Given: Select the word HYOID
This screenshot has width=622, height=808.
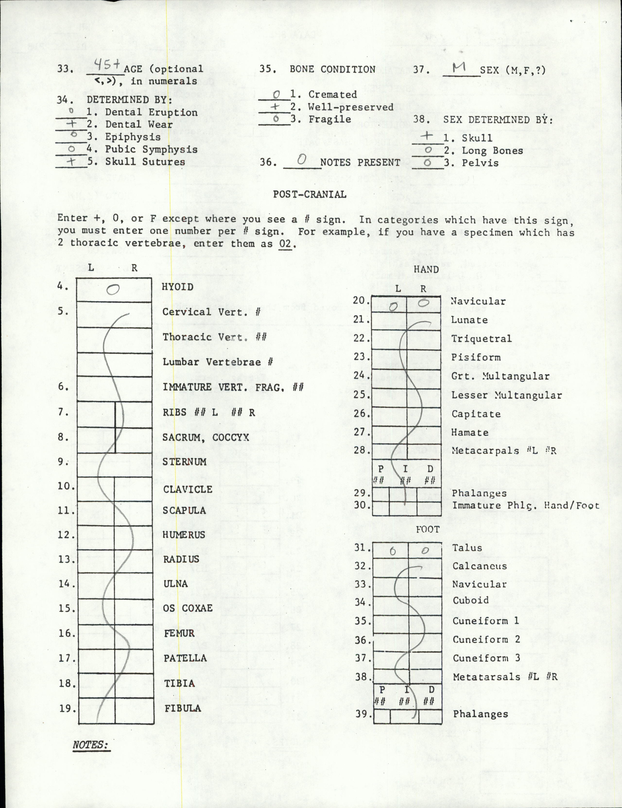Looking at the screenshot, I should [x=178, y=287].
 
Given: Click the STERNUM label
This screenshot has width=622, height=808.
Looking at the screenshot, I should [x=184, y=461].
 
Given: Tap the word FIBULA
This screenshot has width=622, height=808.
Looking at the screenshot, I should [x=183, y=708].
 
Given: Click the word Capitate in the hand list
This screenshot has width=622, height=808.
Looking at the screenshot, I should [x=476, y=414].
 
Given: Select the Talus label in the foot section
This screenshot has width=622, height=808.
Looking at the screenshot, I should [x=467, y=548].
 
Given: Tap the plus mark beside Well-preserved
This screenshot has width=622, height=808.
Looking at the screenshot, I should [x=275, y=107].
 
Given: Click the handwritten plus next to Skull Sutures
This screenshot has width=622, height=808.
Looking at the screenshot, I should [x=72, y=161].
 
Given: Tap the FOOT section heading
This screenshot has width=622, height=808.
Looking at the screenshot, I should [x=427, y=529].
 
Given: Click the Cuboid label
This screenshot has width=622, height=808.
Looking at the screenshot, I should [x=471, y=600].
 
